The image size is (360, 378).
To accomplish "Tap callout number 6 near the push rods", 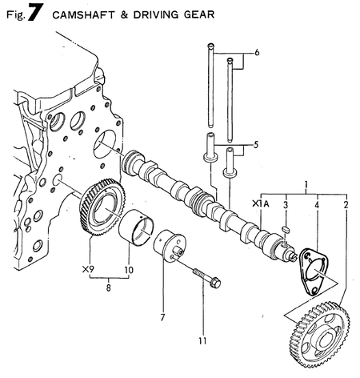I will pyautogui.click(x=257, y=53).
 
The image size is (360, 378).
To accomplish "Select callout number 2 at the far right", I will pyautogui.click(x=346, y=205).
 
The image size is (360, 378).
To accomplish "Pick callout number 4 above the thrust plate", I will pyautogui.click(x=317, y=205).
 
